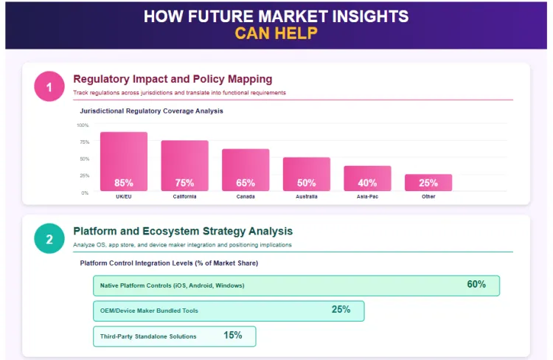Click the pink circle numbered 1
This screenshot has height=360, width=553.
(49, 88)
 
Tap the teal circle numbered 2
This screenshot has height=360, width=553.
(49, 238)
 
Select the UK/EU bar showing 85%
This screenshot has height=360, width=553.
(124, 162)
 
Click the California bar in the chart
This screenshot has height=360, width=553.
(184, 165)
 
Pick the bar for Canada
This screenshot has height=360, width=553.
(246, 170)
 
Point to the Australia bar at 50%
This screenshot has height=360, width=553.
(307, 174)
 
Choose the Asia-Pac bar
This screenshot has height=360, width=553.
(367, 178)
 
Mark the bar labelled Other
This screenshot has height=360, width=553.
(428, 182)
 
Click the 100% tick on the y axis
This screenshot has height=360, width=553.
(83, 125)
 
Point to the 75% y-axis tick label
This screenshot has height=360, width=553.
(84, 142)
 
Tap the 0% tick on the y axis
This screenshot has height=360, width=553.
(85, 193)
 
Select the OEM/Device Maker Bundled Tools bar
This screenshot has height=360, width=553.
(229, 311)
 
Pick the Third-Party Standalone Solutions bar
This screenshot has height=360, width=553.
(174, 336)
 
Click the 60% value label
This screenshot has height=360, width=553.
(476, 285)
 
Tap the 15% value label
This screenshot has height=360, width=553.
(233, 336)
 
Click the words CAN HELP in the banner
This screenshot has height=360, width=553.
(276, 33)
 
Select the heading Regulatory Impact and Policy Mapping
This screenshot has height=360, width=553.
(173, 79)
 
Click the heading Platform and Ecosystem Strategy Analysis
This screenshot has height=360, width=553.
(183, 231)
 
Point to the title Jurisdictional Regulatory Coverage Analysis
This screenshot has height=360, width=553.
(151, 111)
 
